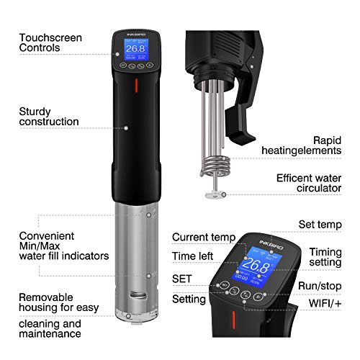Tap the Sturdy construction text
pyautogui.click(x=48, y=117)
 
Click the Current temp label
pyautogui.click(x=204, y=237)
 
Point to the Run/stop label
pyautogui.click(x=323, y=286)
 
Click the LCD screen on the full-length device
pyautogui.click(x=132, y=50)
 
